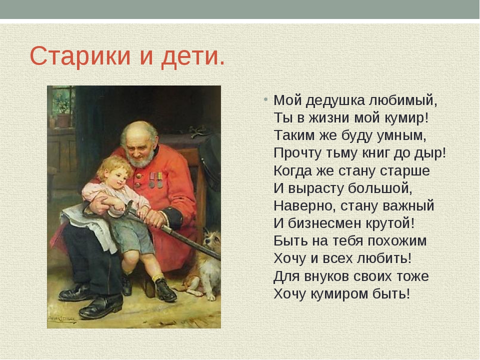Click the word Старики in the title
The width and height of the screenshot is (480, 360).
[x=80, y=56]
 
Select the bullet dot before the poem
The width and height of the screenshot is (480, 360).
[x=265, y=99]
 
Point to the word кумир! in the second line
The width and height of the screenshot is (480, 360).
[x=406, y=118]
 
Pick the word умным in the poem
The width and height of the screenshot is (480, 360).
[x=401, y=136]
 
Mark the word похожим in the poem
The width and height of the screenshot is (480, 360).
[x=397, y=241]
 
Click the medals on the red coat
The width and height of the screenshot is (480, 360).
[x=156, y=180]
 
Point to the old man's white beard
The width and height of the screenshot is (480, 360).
[x=141, y=158]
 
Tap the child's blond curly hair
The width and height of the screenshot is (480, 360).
[x=111, y=167]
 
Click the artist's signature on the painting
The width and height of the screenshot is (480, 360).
[x=61, y=318]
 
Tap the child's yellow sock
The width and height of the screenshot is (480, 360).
[x=158, y=277]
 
